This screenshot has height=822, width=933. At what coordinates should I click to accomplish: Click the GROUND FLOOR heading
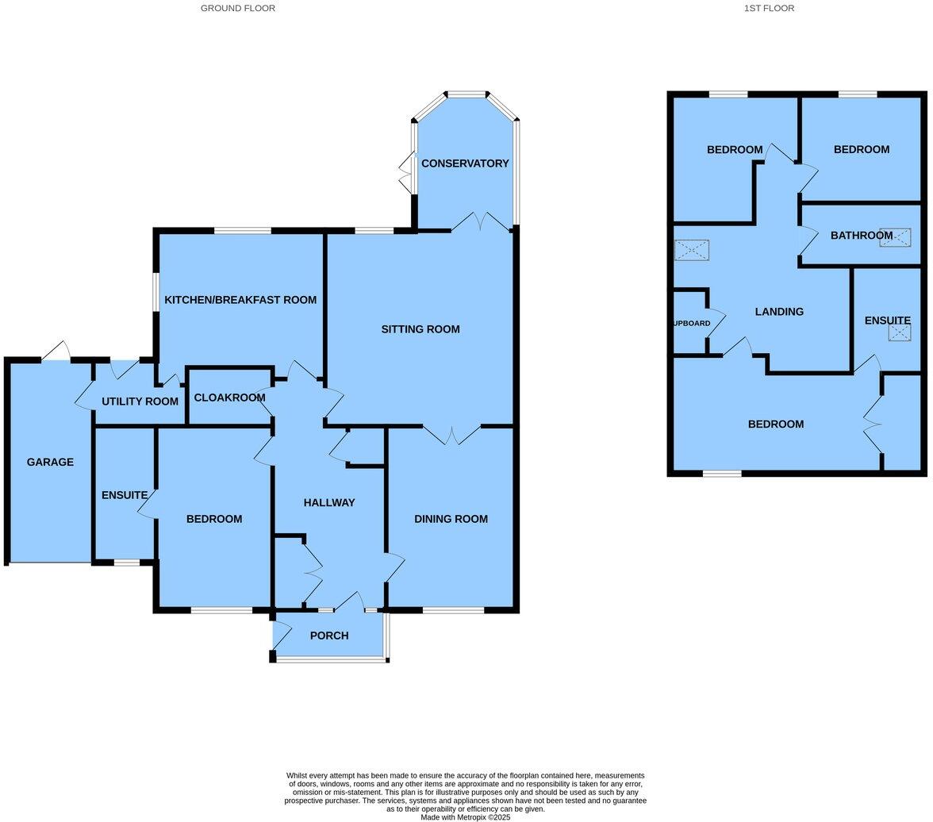point(237,8)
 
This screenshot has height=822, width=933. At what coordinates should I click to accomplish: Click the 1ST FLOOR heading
point(768,8)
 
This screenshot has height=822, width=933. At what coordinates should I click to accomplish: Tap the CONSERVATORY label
point(465,163)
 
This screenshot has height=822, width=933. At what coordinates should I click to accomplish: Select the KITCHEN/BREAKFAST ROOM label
point(240,300)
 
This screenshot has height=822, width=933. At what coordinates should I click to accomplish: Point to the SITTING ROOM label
point(420,329)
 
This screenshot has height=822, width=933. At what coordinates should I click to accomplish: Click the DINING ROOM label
point(451,519)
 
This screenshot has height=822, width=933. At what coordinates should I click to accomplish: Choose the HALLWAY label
point(329,502)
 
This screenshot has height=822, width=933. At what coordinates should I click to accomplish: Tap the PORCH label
point(329,636)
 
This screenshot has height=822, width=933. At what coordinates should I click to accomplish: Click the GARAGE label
point(50,462)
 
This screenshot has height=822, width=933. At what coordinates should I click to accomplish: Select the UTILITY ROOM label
point(140,401)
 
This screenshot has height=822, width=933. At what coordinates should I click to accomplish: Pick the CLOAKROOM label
point(229,398)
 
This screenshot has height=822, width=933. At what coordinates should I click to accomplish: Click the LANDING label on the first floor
point(779,312)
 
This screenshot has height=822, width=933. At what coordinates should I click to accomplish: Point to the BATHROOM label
point(862,236)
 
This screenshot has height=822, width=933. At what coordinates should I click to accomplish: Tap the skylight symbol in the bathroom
point(895,237)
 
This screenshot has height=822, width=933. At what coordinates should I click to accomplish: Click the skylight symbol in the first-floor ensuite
point(900,332)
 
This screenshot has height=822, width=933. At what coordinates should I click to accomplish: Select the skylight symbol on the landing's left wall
point(691,250)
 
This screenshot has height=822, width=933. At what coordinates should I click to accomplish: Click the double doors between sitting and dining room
point(451,434)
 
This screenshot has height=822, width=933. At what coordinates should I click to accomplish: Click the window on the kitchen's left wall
point(155,293)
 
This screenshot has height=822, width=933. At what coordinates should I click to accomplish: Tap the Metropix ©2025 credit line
point(465,817)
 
